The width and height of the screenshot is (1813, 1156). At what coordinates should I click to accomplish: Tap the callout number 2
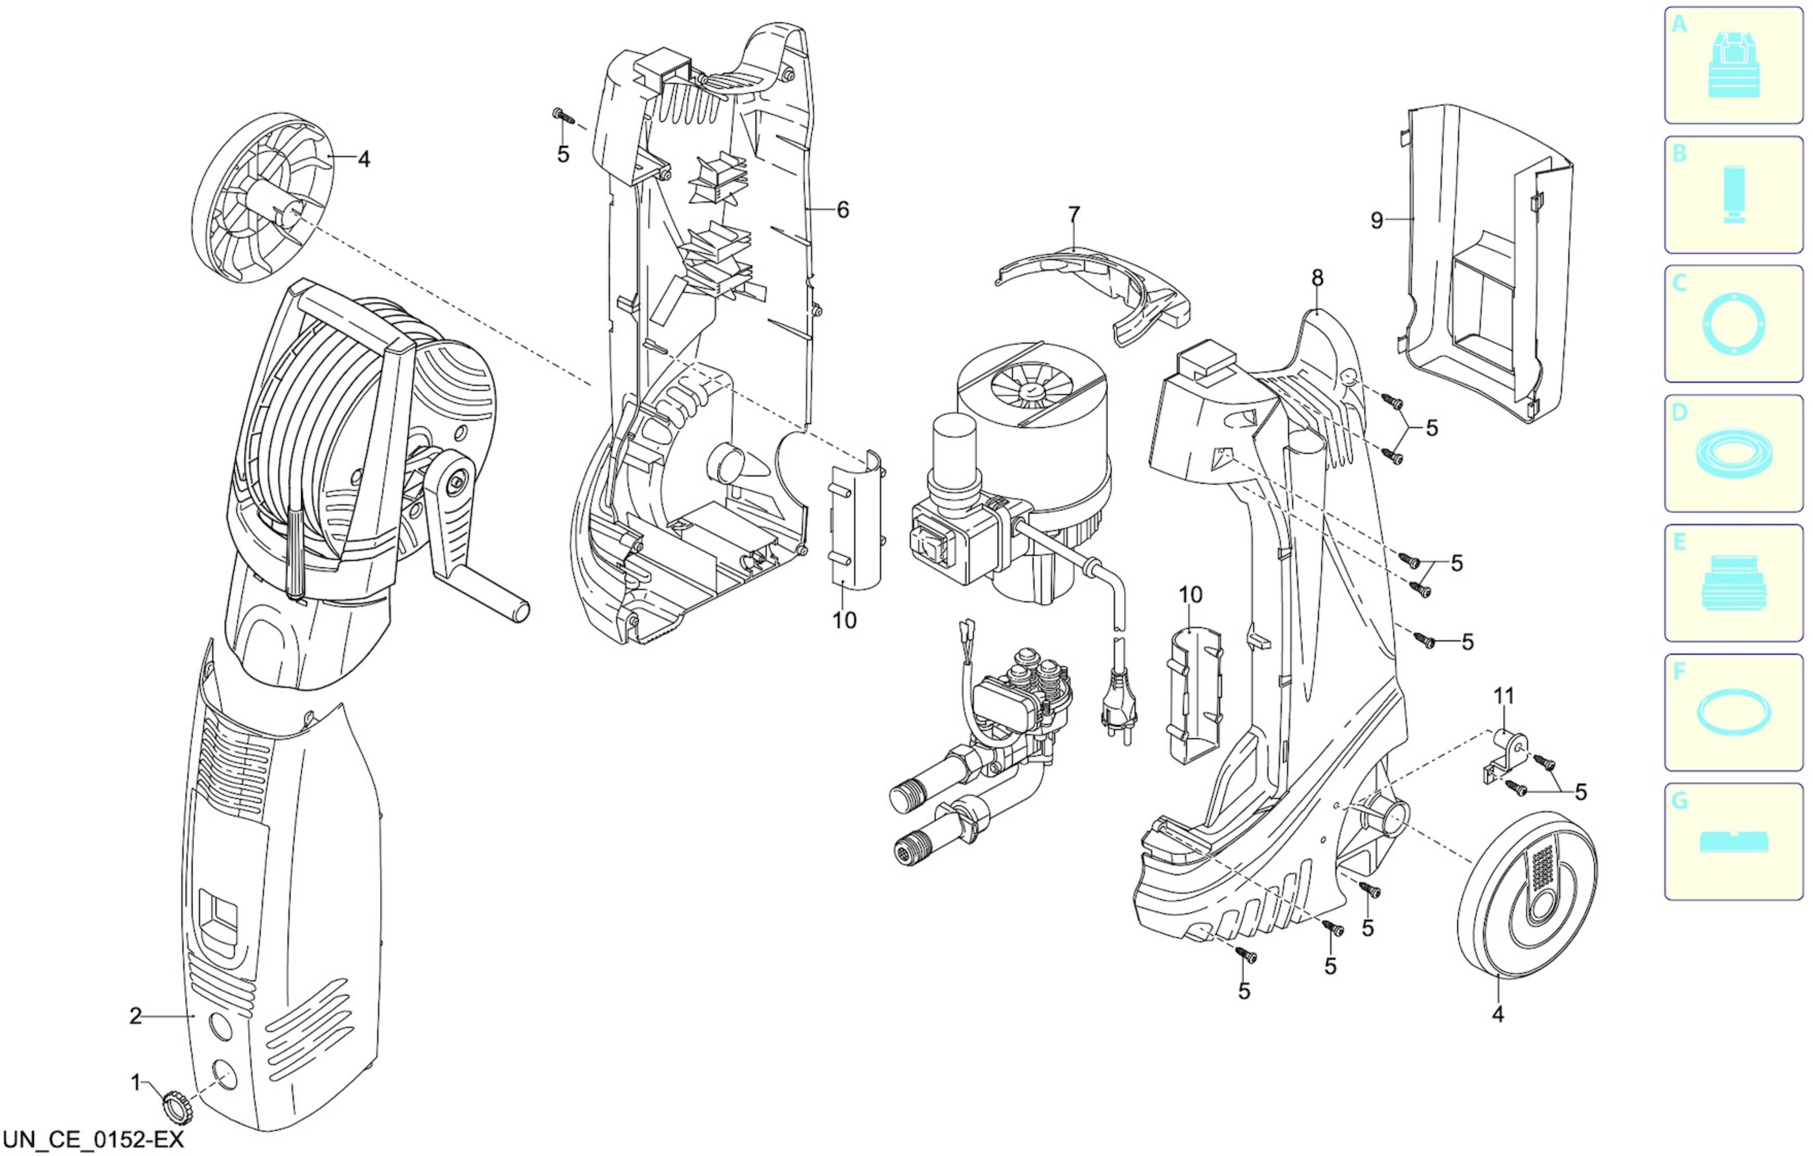coord(136,1016)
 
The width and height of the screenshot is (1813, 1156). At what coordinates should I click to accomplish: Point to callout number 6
coord(842,210)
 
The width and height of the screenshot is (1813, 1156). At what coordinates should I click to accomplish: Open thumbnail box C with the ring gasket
coord(1733,324)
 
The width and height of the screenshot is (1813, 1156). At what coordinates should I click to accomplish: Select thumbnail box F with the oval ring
coord(1733,712)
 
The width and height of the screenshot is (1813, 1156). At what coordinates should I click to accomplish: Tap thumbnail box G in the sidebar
coord(1733,841)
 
